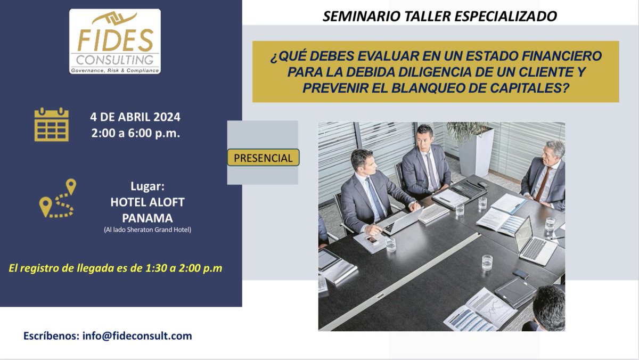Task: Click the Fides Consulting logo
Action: [114, 41]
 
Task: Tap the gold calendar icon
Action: [52, 124]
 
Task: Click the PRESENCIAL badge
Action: [263, 158]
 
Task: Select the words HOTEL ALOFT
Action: [148, 203]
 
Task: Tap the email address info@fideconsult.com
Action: [137, 336]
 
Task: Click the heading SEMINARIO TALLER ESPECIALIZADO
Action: [440, 17]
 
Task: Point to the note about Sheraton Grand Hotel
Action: [148, 230]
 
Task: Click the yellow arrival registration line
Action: [116, 268]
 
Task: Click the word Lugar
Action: [147, 187]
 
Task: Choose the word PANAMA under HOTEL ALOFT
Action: [148, 218]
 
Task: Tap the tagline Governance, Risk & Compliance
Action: [115, 70]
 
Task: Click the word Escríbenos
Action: [51, 336]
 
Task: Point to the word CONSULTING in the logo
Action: [115, 59]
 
